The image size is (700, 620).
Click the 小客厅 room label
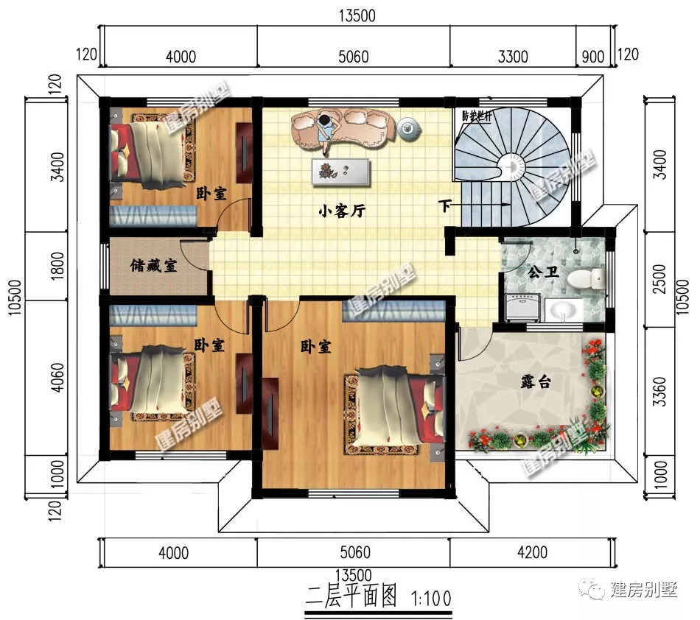coord(342,210)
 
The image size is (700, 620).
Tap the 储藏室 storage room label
coord(153,266)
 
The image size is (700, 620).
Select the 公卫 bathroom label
coord(543,272)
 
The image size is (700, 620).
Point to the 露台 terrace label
coord(536,382)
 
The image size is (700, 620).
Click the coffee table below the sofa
coord(341,172)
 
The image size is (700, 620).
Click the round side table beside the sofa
coord(409,129)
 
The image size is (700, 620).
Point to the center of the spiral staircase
coord(512,167)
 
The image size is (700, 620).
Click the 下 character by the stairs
coord(444,206)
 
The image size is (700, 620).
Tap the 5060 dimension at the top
coord(354,57)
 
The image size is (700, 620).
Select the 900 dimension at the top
coord(593,57)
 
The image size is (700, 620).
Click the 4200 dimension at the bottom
coord(532,553)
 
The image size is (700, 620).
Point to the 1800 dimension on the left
coord(58,266)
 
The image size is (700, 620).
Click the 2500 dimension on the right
coord(659,279)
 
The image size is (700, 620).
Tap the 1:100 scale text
coord(431,598)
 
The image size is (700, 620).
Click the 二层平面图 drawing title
coord(351,597)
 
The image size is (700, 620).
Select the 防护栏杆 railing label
coord(476,116)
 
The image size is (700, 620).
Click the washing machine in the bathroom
coord(522,307)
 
